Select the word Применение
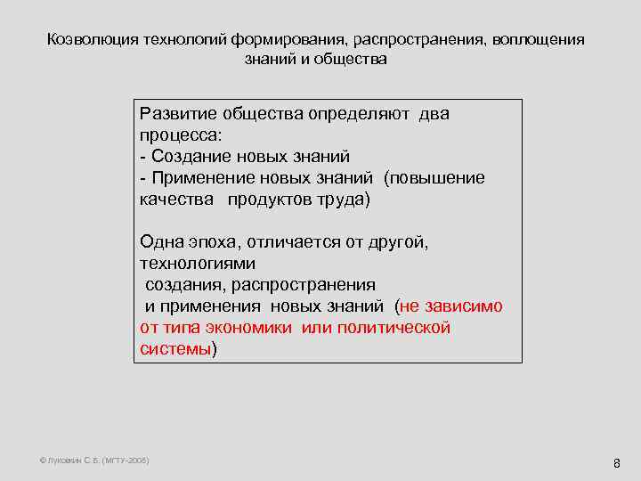(199, 178)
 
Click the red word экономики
(254, 328)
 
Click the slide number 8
(616, 463)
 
